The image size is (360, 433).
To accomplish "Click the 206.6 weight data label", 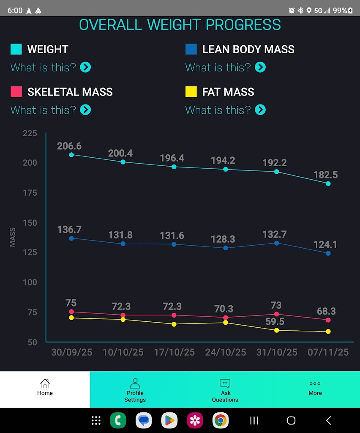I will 69,146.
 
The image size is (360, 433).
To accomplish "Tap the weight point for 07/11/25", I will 328,184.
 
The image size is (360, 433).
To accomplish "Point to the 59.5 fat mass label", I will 275,321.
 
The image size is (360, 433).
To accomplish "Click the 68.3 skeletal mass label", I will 326,312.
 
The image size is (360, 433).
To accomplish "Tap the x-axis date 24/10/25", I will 226,352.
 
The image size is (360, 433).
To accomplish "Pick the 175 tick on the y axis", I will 30,193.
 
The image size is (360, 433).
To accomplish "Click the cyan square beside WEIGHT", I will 16,49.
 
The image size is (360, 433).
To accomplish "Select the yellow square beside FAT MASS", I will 191,92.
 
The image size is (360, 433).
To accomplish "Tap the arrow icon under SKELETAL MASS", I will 85,110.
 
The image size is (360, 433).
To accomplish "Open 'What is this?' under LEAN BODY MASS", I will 218,67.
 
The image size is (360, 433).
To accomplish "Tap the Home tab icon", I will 45,383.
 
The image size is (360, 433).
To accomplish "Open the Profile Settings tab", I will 135,389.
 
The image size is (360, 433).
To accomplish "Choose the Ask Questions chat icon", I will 225,384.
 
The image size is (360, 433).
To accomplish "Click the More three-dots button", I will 315,384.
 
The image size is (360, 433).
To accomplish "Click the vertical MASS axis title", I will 13,237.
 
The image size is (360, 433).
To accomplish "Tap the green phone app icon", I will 118,420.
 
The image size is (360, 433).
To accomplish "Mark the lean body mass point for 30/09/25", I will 71,238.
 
